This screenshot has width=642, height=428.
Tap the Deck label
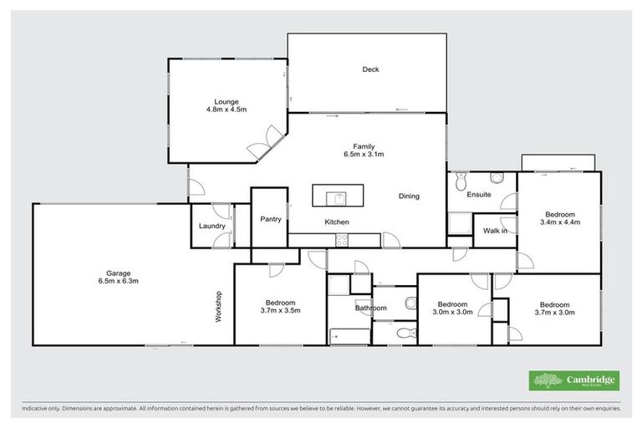(370, 69)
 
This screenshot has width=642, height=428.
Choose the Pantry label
(270, 220)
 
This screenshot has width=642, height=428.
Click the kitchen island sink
(339, 197)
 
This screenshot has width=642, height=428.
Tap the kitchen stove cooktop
(342, 241)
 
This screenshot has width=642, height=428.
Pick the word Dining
(409, 196)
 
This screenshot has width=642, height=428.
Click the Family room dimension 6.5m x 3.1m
(363, 155)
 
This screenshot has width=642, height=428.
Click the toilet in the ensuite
(496, 178)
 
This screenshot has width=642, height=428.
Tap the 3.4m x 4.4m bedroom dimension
(560, 223)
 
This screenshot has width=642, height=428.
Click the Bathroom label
(370, 308)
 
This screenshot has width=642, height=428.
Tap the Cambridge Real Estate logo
(573, 380)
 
